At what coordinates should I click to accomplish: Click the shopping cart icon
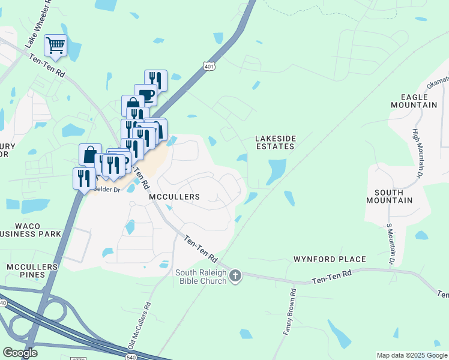(x=55, y=46)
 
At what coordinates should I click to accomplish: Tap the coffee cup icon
(x=146, y=95)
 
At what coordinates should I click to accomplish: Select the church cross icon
(x=235, y=276)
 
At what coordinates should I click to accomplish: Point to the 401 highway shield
(x=208, y=66)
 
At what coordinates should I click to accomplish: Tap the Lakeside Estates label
(x=276, y=142)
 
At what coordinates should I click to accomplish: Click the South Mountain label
(x=393, y=196)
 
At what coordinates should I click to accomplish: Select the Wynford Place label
(x=329, y=259)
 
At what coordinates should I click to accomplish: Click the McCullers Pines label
(x=32, y=271)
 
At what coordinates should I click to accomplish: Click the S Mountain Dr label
(x=390, y=244)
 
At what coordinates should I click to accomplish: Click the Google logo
(x=20, y=353)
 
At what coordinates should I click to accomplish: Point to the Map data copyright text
(x=412, y=355)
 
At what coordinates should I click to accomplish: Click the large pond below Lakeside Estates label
(x=276, y=171)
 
